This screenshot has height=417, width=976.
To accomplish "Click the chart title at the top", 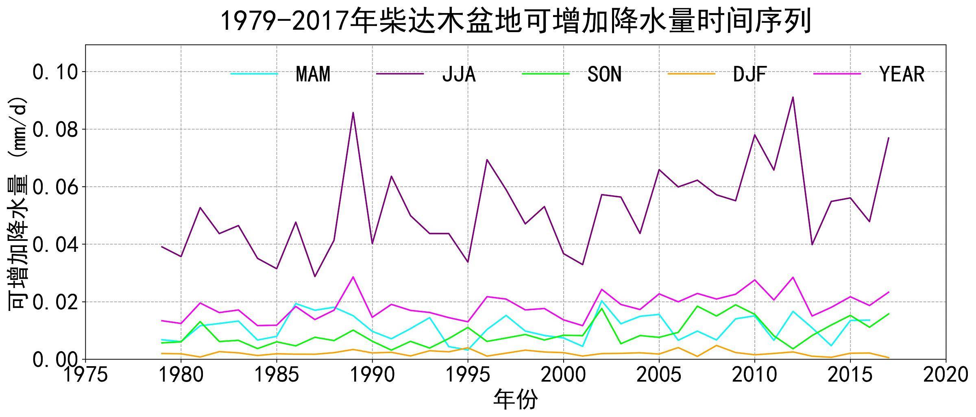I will (x=516, y=21).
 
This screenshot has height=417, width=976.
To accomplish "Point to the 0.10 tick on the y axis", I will (x=55, y=72).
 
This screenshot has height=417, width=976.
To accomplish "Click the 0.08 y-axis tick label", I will (x=55, y=130).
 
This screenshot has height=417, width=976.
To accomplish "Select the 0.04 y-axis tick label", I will (x=55, y=245).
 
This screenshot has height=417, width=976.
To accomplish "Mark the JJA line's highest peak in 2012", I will (x=793, y=97).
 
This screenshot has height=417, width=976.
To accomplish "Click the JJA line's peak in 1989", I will (x=353, y=113).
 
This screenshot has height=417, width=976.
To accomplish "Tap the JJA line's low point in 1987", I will (x=315, y=277).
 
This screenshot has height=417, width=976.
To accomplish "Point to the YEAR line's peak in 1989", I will (x=353, y=277).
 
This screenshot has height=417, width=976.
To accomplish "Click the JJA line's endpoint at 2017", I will (x=888, y=138).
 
